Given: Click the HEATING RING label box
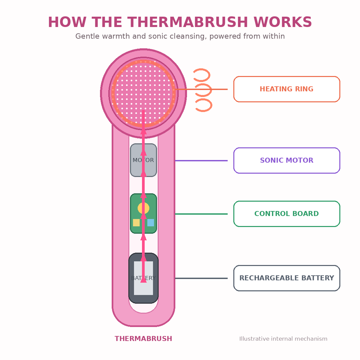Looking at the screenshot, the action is click(x=287, y=89).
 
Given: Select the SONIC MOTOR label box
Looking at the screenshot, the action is click(x=287, y=160).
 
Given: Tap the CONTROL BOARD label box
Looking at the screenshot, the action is click(x=287, y=214).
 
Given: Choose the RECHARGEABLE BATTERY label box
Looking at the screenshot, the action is click(x=287, y=278).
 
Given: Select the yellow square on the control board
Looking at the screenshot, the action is click(x=136, y=222).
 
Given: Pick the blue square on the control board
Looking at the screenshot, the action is click(x=151, y=222).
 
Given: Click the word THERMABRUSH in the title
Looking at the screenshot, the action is click(x=188, y=22).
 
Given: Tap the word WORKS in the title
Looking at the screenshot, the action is click(x=283, y=22).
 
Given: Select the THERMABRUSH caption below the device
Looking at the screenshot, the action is click(x=143, y=339).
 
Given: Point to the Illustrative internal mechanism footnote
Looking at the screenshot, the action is click(x=283, y=339).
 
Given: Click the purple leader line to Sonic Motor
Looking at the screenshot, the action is click(x=201, y=160).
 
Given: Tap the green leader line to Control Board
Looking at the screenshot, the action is click(x=201, y=214).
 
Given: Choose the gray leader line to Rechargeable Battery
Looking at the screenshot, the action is click(x=201, y=278).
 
